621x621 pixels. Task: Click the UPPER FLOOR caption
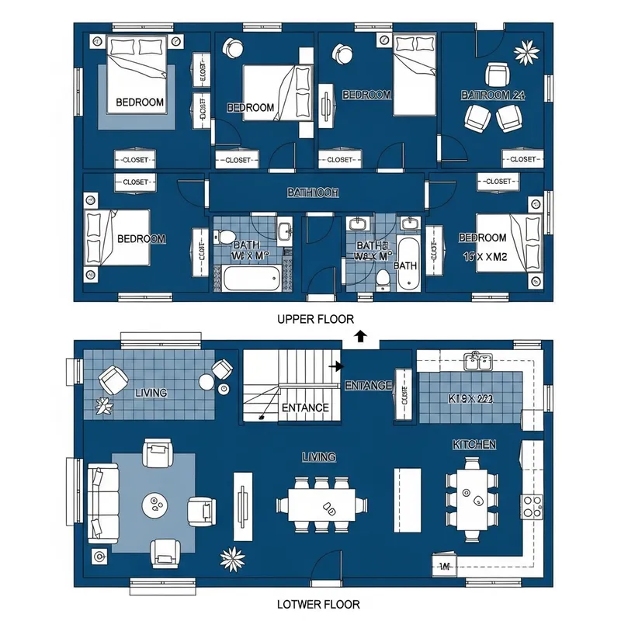pos(315,319)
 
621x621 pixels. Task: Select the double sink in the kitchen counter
pos(476,360)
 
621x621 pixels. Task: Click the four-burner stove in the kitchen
pos(533,505)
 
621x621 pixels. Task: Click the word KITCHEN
pos(474,445)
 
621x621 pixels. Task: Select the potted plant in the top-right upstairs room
pos(527,52)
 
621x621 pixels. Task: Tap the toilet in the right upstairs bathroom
pos(382,279)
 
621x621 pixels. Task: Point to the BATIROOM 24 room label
pos(494,95)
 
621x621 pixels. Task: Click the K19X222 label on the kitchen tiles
pos(471,398)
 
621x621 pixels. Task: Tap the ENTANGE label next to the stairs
pos(368,385)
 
